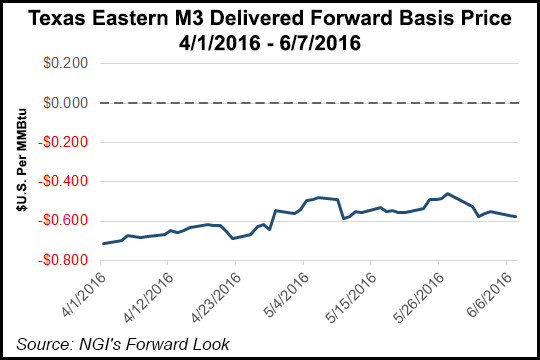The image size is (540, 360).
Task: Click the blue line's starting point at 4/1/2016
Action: click(103, 244)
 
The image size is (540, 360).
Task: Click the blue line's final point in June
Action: click(516, 217)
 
